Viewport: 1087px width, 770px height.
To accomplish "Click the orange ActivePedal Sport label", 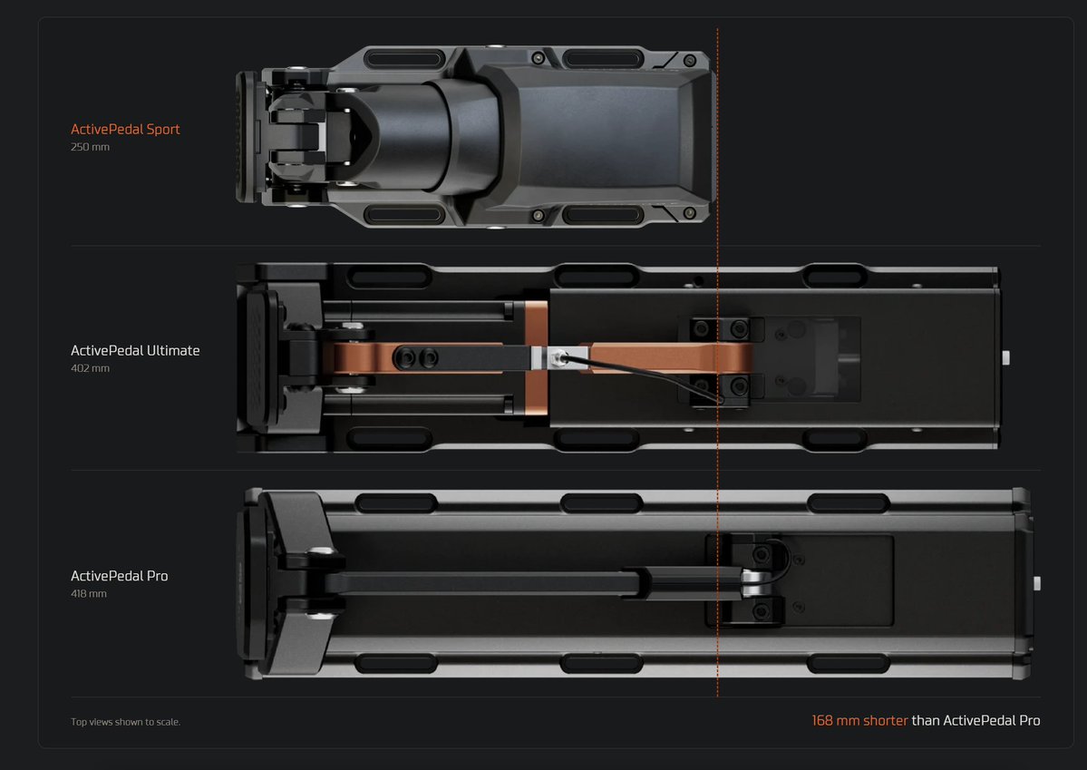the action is [x=125, y=129].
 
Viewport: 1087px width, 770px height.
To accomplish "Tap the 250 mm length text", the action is [x=90, y=147].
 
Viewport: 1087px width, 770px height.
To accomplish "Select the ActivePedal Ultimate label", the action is [x=135, y=350].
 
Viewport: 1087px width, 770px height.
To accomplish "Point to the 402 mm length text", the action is [x=90, y=368].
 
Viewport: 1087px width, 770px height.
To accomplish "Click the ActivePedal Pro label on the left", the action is [x=120, y=576].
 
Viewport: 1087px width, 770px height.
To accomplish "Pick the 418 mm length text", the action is [x=89, y=594].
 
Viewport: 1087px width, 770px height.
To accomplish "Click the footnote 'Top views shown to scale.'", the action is [x=125, y=722].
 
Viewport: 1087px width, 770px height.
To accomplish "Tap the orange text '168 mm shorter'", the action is [x=859, y=721].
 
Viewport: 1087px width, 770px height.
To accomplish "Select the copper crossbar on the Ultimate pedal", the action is [x=536, y=358].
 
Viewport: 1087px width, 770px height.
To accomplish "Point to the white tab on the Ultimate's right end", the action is [x=1006, y=358].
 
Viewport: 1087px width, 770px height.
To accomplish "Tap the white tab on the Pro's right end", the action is [x=1037, y=583].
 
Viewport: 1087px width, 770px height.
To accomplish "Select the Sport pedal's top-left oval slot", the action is [x=403, y=59].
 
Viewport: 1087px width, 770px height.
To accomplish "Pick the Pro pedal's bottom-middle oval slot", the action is [x=601, y=663].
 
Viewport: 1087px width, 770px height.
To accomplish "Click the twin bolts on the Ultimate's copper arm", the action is [x=416, y=358].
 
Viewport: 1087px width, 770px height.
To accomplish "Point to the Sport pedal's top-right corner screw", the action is [x=690, y=61].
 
